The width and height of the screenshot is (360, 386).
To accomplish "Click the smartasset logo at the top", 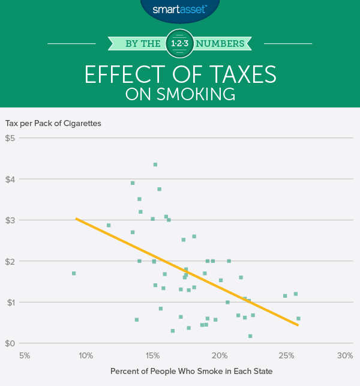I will coord(180,9).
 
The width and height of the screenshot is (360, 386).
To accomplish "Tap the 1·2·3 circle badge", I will coord(180,43).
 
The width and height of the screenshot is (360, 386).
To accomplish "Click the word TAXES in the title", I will coord(230,74).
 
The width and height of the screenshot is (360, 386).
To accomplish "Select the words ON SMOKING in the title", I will coord(180,94).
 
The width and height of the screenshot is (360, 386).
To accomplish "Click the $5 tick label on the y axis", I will coord(10,138).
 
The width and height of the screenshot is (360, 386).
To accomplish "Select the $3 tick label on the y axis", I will coord(10,220).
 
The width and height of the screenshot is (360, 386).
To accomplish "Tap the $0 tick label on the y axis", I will coord(10,343).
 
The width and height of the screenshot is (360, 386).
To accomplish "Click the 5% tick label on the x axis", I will coord(25,355).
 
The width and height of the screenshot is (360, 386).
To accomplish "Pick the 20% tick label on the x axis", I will coord(220,355).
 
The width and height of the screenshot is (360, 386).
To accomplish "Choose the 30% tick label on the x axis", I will coord(345,355).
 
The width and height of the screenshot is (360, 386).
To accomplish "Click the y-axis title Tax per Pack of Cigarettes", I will coord(53,123).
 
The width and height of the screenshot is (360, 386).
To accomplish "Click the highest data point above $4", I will coord(155,164).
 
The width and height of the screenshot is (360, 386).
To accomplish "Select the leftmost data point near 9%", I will coord(74,273).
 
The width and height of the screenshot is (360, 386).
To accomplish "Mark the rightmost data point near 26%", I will coord(298,318).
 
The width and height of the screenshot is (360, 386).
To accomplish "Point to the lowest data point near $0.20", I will coord(250,336).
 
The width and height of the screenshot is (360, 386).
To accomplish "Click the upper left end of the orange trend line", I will coord(76,219).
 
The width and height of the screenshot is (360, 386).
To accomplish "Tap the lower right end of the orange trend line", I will coord(298,325).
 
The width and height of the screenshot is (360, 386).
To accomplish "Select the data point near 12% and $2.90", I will coord(109,225).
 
